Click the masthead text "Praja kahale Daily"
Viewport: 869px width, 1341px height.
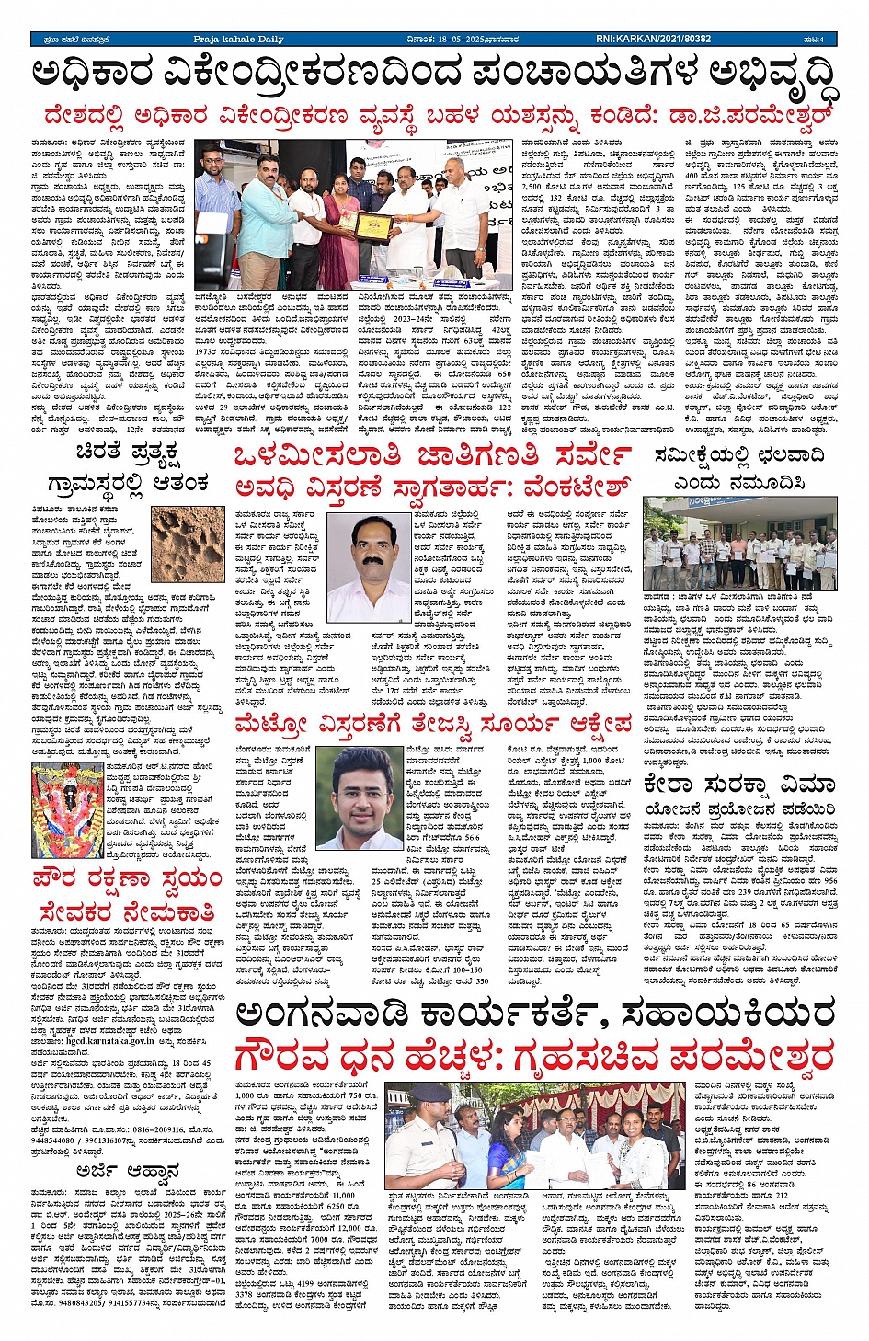click(x=238, y=40)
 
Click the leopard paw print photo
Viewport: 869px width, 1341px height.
click(x=188, y=544)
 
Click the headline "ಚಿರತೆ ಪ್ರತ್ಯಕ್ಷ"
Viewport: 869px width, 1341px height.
click(x=126, y=453)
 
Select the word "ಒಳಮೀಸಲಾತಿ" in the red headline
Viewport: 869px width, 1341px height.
click(x=317, y=456)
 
